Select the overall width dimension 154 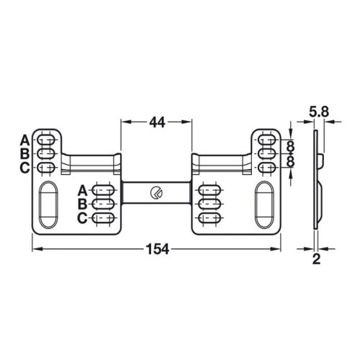tap(157, 249)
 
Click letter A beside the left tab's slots tap(24, 139)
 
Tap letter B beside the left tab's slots tap(24, 153)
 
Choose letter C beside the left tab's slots tap(24, 168)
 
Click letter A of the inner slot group tap(82, 189)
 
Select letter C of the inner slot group tap(82, 217)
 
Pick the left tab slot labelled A tap(45, 140)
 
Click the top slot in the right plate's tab tap(268, 140)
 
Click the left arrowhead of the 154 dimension tap(36, 249)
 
